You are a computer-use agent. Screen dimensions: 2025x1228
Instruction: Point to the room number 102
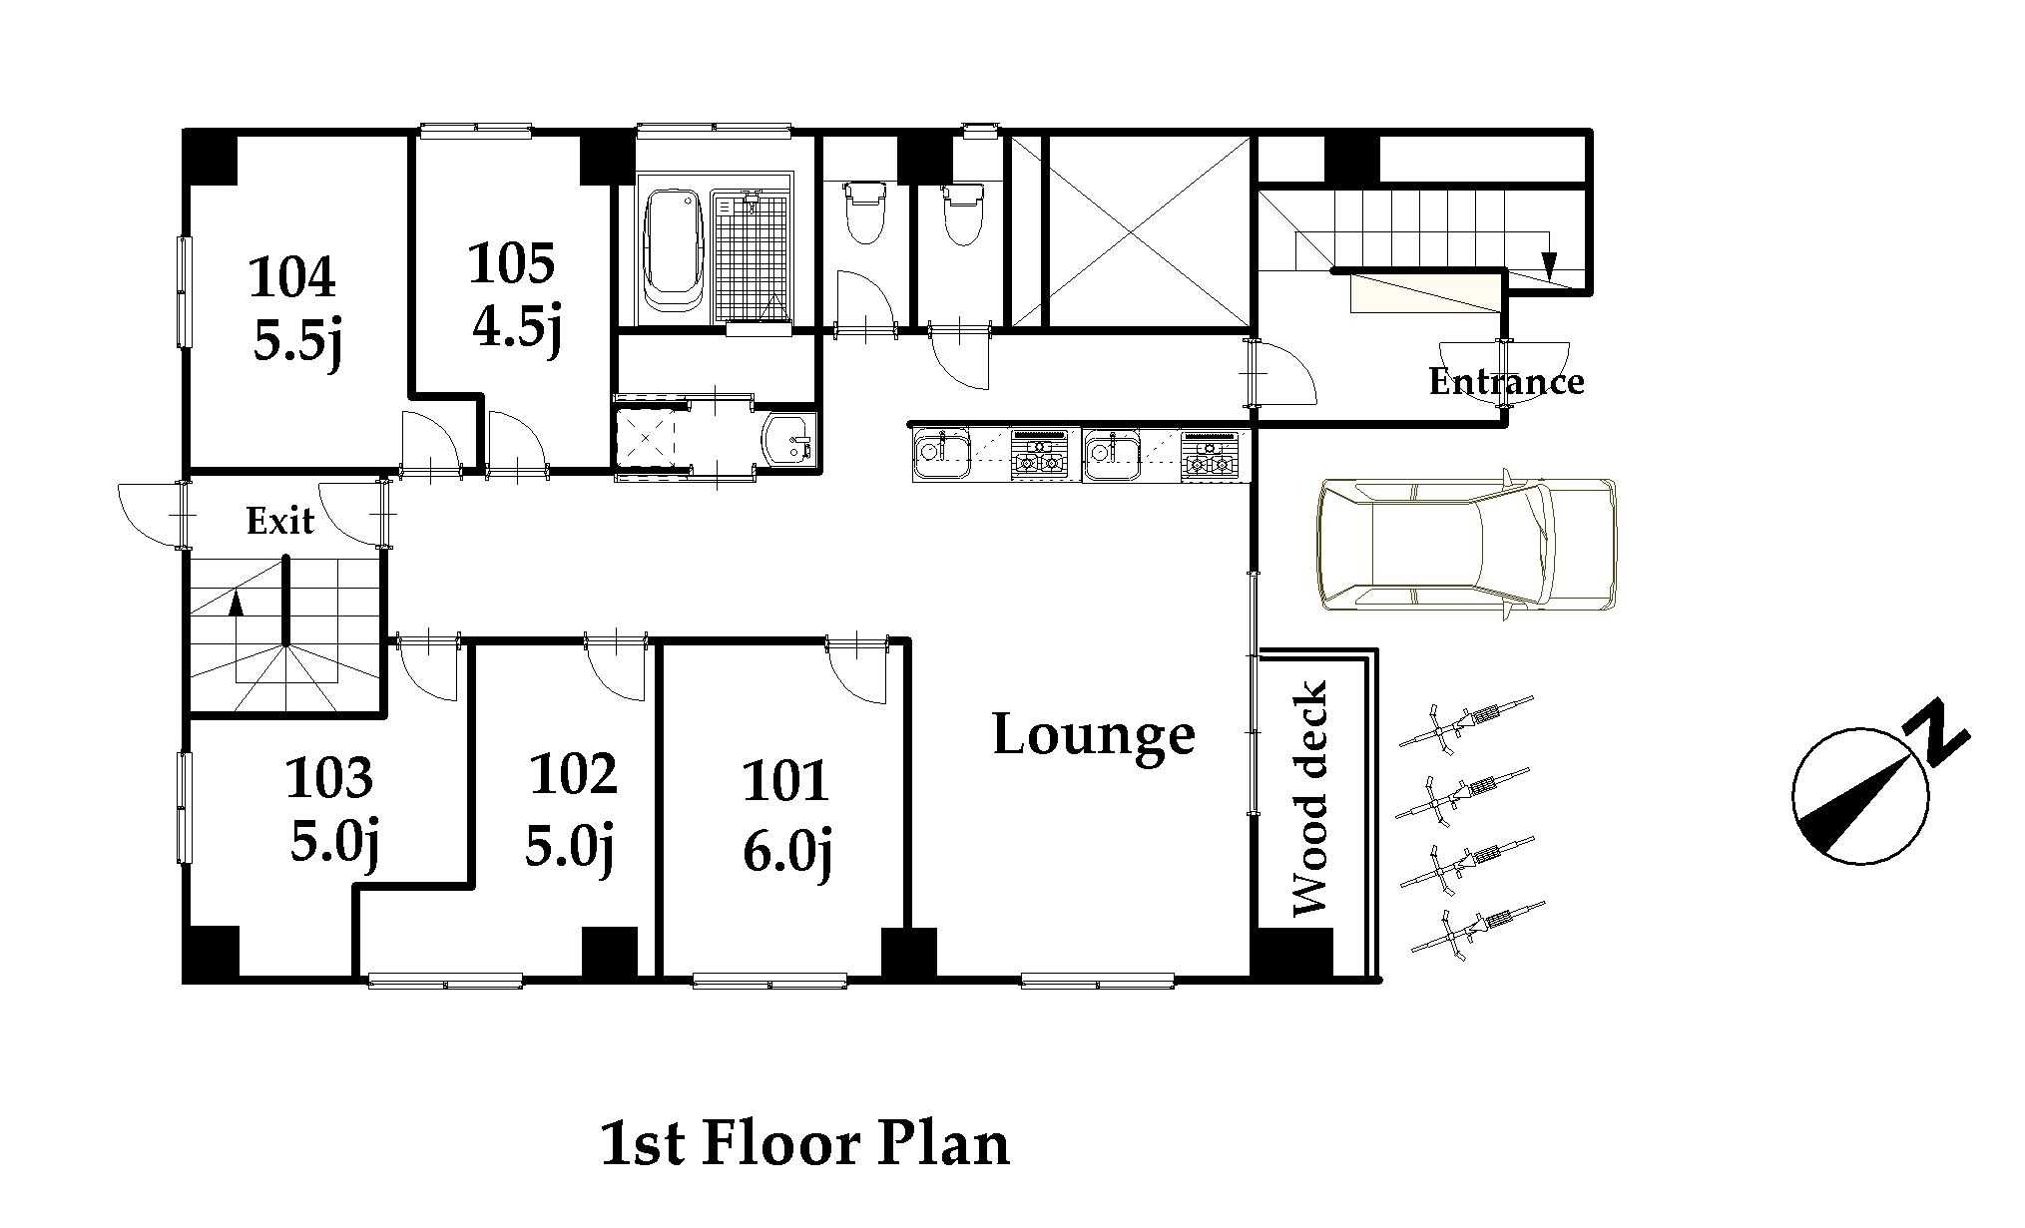(573, 774)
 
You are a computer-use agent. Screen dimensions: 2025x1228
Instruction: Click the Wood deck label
(1309, 798)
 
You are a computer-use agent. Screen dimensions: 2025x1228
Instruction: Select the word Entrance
(1506, 381)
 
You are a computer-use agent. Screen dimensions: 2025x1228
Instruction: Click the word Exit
(280, 520)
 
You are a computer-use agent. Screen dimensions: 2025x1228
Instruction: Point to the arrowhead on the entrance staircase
(1548, 266)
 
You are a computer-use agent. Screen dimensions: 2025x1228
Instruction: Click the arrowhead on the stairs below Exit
(237, 603)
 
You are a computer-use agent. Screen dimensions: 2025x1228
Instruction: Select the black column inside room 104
(210, 158)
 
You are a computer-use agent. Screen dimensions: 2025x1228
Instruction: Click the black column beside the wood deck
(1291, 954)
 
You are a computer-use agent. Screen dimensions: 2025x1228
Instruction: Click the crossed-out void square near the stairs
(1148, 232)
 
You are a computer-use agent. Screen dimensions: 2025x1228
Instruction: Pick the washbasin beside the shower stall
(789, 439)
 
